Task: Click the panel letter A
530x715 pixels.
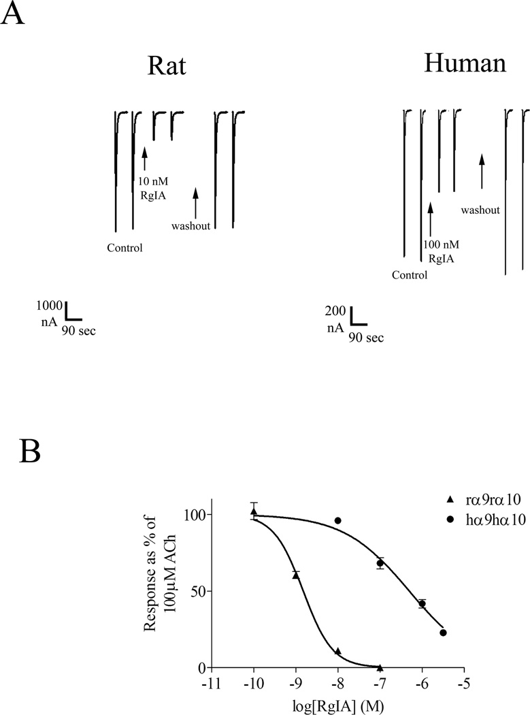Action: tap(14, 14)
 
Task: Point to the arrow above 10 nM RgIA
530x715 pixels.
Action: tap(145, 159)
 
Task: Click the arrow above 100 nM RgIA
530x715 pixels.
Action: tap(431, 218)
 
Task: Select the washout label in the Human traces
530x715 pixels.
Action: tap(480, 210)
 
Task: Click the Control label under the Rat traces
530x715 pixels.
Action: tap(125, 248)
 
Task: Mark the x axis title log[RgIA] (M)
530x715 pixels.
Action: tap(337, 701)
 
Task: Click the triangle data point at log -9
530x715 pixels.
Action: tap(295, 575)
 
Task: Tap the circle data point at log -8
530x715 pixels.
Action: tap(337, 520)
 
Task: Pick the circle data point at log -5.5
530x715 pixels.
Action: tap(443, 633)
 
